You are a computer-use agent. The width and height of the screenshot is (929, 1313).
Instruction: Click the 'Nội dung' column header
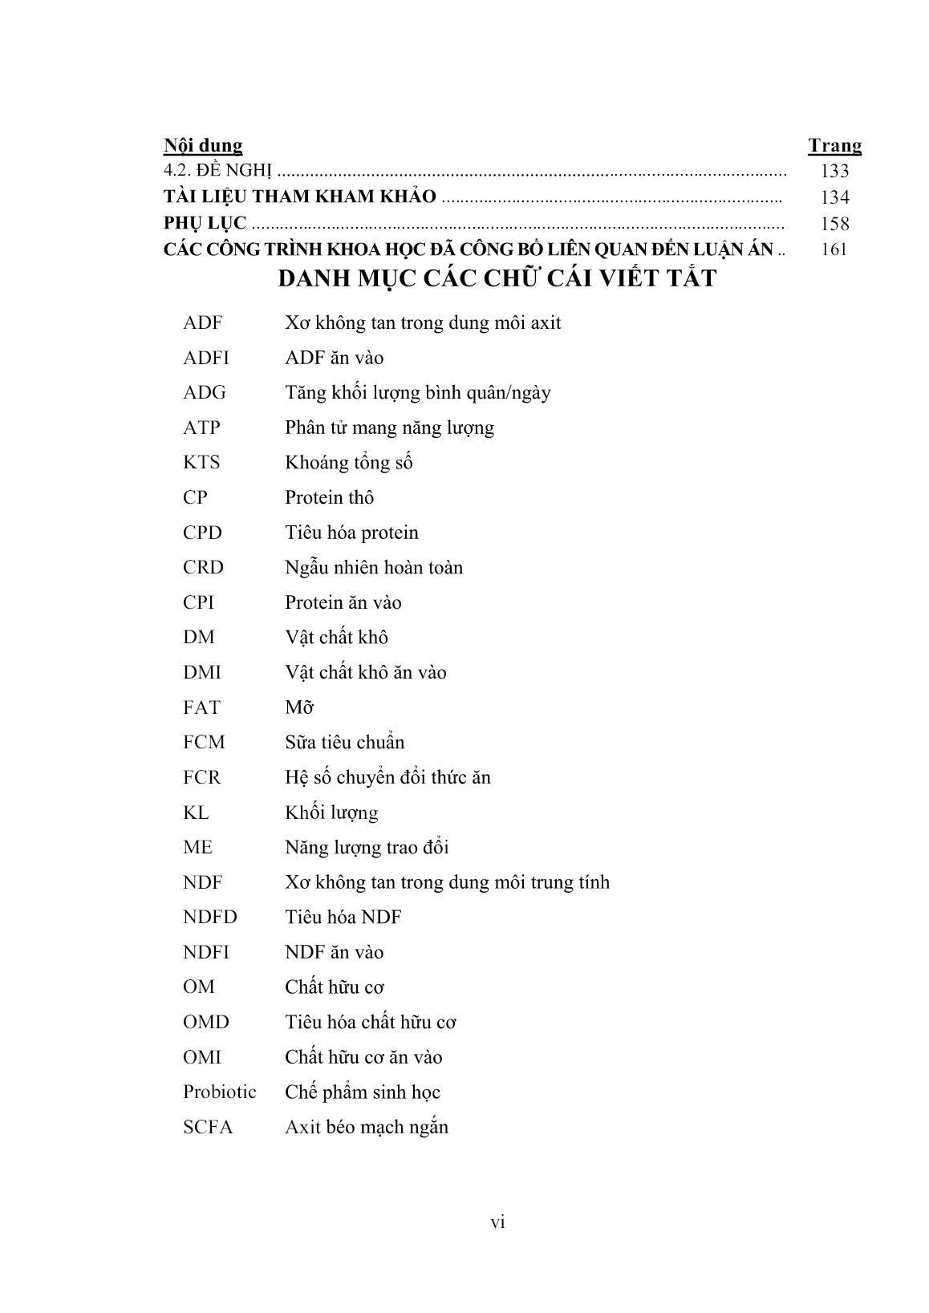pos(202,145)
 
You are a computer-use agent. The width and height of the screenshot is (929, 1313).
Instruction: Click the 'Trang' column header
pos(834,145)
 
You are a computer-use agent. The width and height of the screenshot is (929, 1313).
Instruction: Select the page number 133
pos(834,171)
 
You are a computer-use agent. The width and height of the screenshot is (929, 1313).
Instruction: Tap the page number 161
pos(834,249)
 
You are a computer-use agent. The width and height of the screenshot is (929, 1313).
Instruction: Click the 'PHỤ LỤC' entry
pos(205,224)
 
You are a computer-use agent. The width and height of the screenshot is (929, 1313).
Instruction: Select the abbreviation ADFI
pos(205,358)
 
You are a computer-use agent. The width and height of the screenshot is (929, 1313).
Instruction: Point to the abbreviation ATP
pos(201,428)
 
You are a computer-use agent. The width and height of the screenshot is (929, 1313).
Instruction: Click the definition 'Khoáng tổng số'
pos(348,463)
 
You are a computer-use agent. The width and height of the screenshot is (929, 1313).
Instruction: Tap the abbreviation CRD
pos(203,568)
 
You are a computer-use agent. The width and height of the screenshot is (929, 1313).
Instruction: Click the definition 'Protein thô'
pos(329,498)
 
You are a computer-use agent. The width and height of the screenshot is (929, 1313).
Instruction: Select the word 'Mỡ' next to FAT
pos(298,707)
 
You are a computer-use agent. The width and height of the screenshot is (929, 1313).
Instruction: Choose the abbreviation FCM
pos(204,743)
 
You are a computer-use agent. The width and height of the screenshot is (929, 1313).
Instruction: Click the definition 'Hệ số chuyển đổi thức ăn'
pos(387,777)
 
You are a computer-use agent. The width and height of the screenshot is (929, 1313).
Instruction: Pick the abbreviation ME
pos(197,848)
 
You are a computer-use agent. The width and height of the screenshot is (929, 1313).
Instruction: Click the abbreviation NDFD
pos(209,918)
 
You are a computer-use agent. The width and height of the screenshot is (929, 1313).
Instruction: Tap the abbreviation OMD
pos(205,1023)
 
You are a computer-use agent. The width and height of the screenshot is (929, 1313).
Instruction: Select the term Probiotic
pos(219,1092)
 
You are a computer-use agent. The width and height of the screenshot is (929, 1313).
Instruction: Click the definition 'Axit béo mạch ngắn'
pos(366,1127)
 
